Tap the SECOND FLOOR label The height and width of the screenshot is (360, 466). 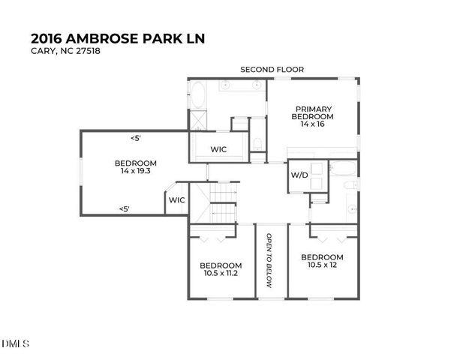[x=272, y=70]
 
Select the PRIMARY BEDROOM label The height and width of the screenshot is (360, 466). [x=313, y=112]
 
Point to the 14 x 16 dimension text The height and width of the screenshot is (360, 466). [x=313, y=124]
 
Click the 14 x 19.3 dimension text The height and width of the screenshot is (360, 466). [x=135, y=172]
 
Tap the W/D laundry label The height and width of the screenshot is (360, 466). [x=299, y=175]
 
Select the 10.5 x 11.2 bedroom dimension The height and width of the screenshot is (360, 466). [x=221, y=274]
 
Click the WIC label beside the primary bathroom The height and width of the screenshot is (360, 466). [x=218, y=149]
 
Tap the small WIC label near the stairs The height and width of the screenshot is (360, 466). [x=176, y=200]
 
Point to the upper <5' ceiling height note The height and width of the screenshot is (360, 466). [x=135, y=138]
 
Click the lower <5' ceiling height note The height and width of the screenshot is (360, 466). [x=125, y=209]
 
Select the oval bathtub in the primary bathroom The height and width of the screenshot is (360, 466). [x=197, y=96]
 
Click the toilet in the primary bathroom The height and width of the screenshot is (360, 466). [x=257, y=143]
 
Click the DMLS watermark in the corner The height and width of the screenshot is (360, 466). [x=15, y=344]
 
